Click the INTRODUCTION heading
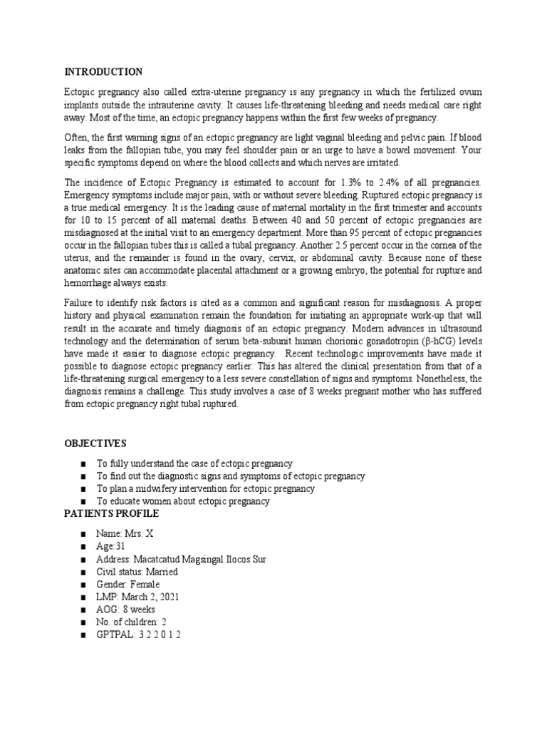click(x=103, y=72)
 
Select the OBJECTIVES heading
click(x=96, y=443)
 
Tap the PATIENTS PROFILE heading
click(x=112, y=514)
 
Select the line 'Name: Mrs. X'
click(x=125, y=534)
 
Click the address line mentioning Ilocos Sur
click(x=181, y=560)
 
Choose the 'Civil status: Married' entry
click(x=137, y=572)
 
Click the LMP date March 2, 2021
click(x=152, y=597)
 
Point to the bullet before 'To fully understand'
click(x=83, y=463)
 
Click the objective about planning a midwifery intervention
click(x=205, y=488)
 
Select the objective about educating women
click(x=183, y=501)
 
